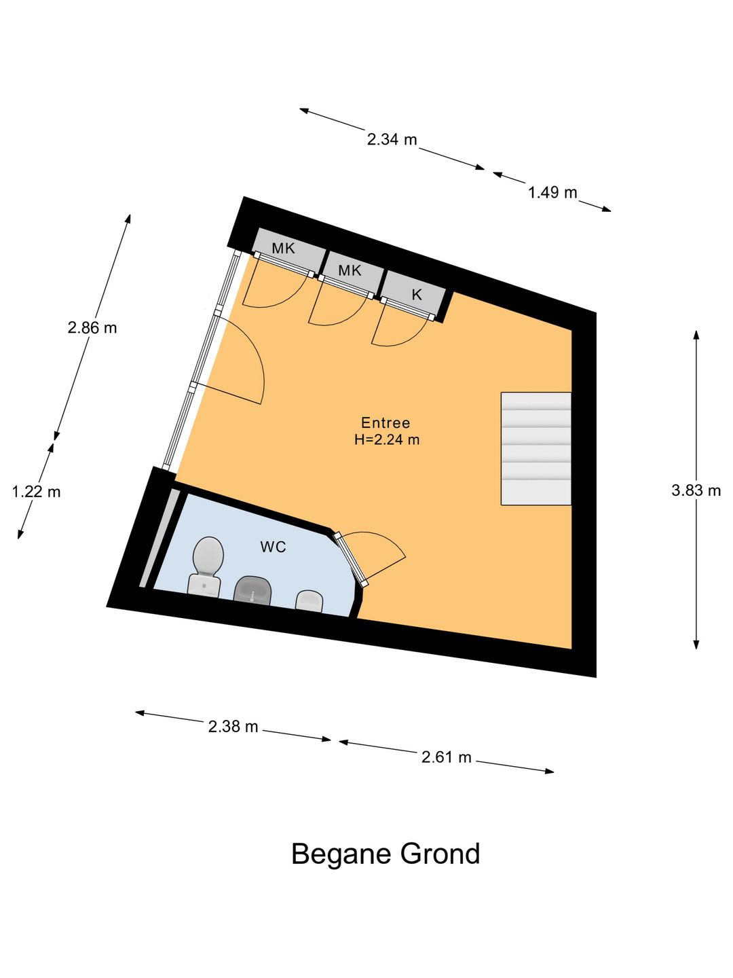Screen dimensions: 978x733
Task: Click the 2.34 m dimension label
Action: click(392, 140)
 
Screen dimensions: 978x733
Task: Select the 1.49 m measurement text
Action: click(552, 193)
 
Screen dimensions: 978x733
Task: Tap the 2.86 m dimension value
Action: click(92, 328)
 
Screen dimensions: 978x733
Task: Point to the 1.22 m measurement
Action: click(37, 492)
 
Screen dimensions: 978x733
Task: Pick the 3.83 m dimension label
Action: click(696, 490)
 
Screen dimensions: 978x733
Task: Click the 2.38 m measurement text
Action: click(233, 727)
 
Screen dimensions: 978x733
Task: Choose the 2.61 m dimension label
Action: click(446, 757)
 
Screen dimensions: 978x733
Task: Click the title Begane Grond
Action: click(386, 854)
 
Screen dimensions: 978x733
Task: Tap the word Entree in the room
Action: click(386, 422)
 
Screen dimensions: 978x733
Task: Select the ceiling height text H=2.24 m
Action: click(387, 439)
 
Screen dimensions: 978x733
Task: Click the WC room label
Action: click(273, 547)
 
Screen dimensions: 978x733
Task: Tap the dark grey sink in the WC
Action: click(253, 590)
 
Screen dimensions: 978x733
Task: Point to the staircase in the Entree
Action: click(535, 448)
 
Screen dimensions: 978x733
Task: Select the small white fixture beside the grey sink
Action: click(309, 600)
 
